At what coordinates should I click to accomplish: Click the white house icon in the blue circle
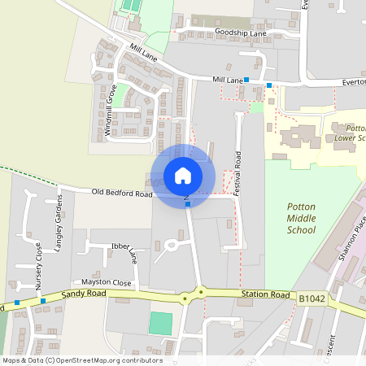183,176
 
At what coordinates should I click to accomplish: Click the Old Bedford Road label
122,194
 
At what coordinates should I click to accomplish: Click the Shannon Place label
348,244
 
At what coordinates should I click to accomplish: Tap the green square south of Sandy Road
161,323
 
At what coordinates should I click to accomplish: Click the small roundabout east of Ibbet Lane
172,243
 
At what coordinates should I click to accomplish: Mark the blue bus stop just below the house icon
188,204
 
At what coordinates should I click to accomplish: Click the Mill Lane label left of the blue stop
228,80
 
